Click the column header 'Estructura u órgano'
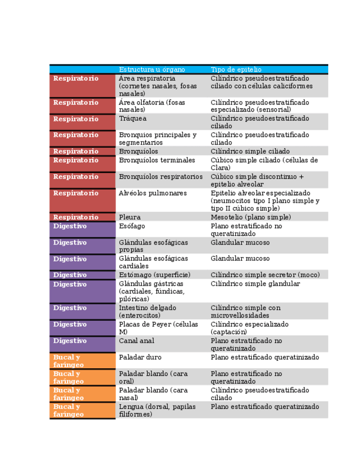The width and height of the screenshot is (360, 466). click(152, 70)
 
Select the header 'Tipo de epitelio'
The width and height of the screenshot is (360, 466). click(236, 70)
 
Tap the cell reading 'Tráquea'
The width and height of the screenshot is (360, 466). click(132, 119)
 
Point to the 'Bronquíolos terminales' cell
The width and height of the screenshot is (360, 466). click(157, 160)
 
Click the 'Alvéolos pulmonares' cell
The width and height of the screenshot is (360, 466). click(152, 193)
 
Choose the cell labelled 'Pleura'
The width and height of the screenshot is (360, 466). click(130, 217)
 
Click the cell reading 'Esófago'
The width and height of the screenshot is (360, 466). click(131, 226)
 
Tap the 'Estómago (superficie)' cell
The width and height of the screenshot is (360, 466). click(154, 275)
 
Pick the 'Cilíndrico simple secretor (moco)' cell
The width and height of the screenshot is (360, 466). click(265, 275)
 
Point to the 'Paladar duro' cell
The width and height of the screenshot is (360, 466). click(140, 357)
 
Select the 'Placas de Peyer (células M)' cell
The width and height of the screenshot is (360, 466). click(158, 328)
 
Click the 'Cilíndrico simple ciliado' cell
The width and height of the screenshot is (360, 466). click(250, 151)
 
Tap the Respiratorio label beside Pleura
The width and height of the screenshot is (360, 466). click(76, 217)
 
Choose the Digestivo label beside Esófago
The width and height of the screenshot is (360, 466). click(70, 226)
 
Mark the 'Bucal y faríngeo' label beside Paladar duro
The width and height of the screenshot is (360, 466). click(69, 360)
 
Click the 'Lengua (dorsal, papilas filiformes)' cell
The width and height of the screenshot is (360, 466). click(157, 410)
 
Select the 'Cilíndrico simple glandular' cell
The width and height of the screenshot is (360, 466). click(256, 284)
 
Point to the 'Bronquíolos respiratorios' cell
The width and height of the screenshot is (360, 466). click(160, 177)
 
